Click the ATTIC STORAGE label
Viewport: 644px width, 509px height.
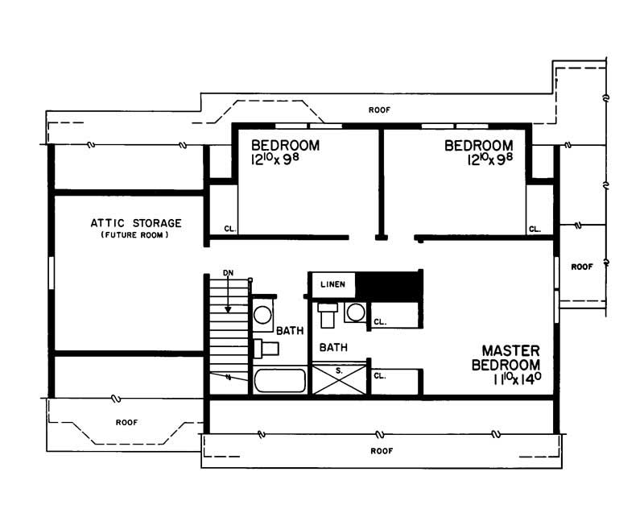pos(135,222)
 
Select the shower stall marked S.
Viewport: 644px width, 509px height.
pos(339,379)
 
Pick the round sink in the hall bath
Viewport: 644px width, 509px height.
pos(263,315)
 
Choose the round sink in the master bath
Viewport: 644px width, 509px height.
pos(354,312)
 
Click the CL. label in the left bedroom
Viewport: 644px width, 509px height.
pos(229,229)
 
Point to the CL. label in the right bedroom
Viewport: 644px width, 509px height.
pos(535,229)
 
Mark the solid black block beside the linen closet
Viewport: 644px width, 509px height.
pos(390,284)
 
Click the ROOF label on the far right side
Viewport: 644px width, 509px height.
pos(581,266)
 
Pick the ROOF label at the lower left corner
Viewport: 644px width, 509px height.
pos(126,421)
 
